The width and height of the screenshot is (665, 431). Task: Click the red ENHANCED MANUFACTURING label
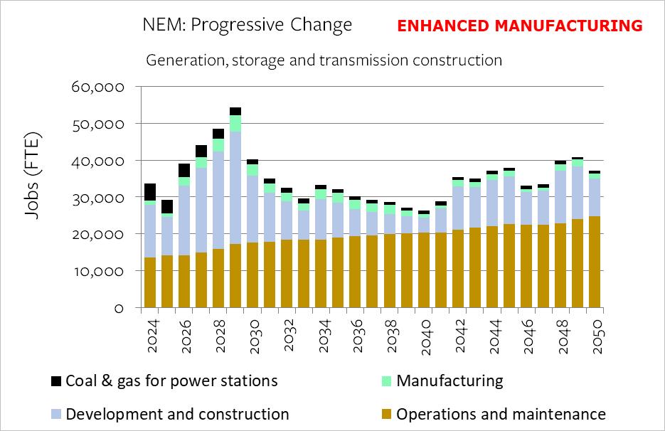[x=519, y=26]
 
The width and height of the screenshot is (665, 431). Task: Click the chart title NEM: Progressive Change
[x=248, y=26]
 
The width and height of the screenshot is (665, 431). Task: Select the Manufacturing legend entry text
[x=449, y=381]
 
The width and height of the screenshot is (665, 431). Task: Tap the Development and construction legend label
[x=177, y=414]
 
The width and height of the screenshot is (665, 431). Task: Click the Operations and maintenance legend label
[x=501, y=414]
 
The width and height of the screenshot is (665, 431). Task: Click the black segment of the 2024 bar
[x=150, y=192]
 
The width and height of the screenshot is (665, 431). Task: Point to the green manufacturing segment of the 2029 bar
[x=235, y=123]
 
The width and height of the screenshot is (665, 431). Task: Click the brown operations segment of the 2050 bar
[x=595, y=262]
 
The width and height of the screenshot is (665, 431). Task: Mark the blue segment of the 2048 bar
[x=560, y=197]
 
